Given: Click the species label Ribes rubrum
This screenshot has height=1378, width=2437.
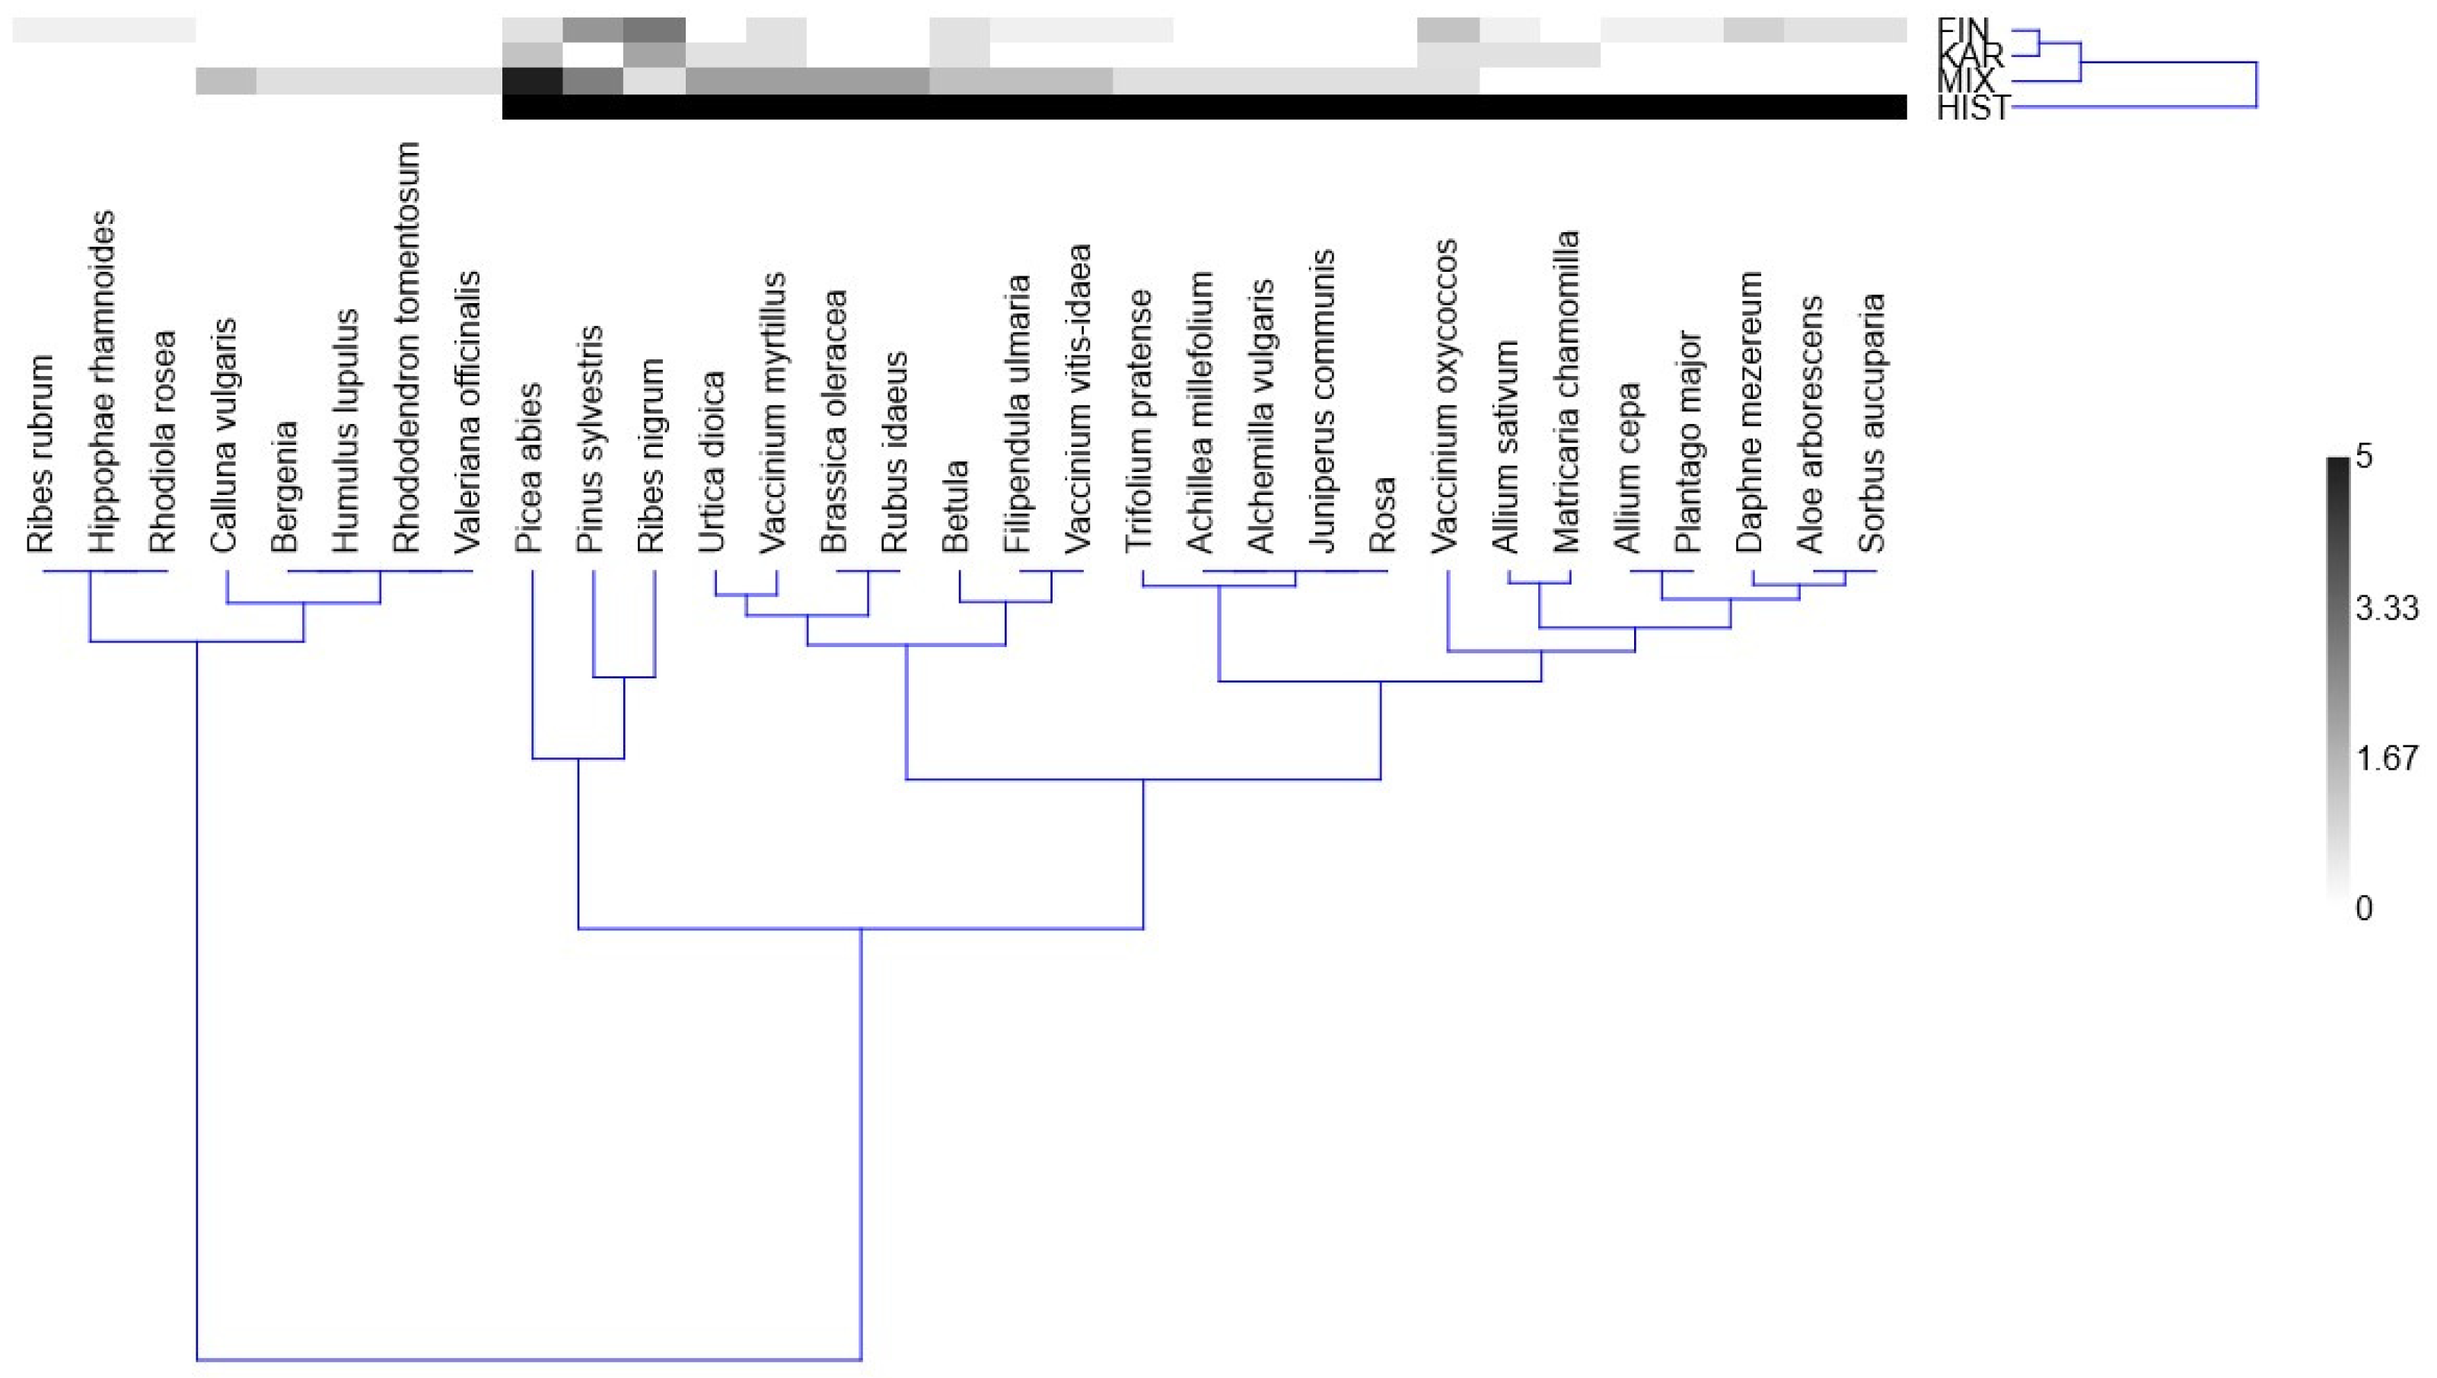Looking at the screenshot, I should pyautogui.click(x=40, y=455).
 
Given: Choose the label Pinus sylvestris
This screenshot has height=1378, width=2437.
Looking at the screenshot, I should pyautogui.click(x=589, y=439).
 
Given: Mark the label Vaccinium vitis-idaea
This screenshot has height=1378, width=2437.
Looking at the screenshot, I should pyautogui.click(x=1078, y=397).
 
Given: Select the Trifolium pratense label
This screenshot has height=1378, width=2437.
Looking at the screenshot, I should pyautogui.click(x=1139, y=420).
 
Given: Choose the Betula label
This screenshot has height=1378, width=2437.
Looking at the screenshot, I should pyautogui.click(x=955, y=506).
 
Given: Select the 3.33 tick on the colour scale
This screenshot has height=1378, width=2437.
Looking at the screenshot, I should pyautogui.click(x=2386, y=608).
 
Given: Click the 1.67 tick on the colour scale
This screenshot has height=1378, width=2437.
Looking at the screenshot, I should pyautogui.click(x=2386, y=758).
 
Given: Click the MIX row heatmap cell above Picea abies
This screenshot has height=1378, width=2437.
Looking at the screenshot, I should pyautogui.click(x=533, y=81).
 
